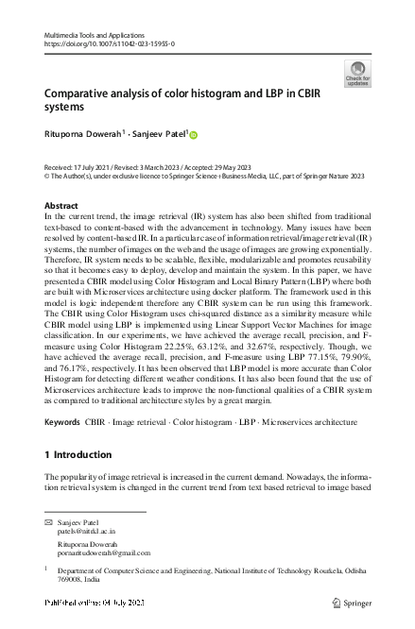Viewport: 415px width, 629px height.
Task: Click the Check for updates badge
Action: tap(358, 74)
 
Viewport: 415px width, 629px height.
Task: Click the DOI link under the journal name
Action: tap(110, 43)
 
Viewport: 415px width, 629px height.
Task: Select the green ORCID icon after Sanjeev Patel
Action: tap(195, 135)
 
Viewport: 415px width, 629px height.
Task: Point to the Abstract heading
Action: tap(62, 205)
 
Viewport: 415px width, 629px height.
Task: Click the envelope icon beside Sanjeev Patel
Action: tap(48, 522)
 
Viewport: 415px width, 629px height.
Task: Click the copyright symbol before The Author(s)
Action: tap(48, 175)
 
